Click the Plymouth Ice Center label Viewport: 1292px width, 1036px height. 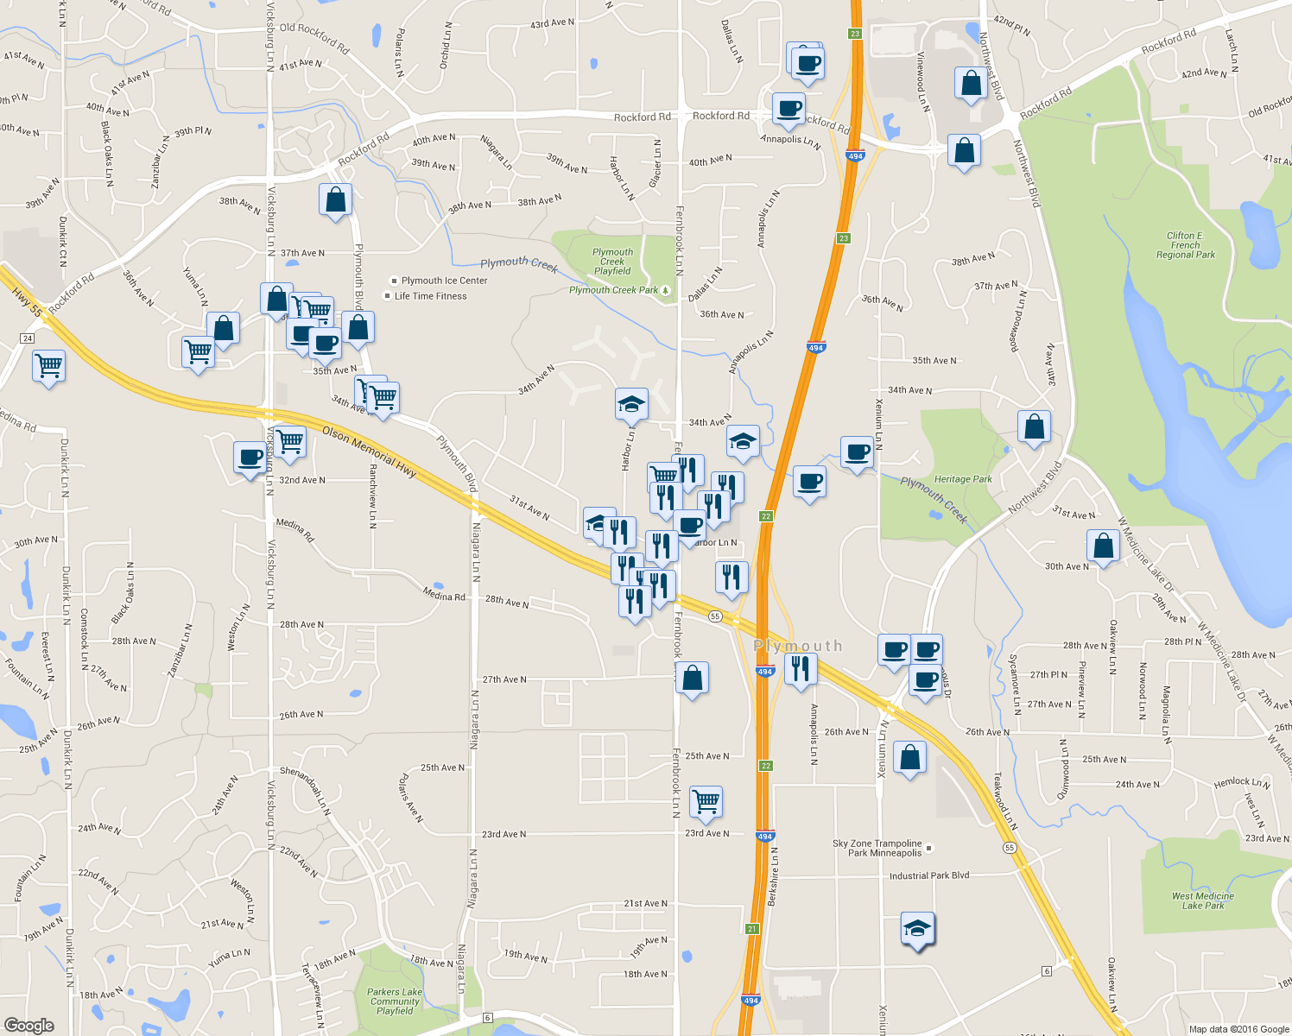tap(444, 281)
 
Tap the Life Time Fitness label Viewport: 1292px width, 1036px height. tap(430, 296)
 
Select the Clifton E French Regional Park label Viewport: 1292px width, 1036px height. tap(1185, 245)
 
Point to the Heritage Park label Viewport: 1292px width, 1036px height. tap(963, 479)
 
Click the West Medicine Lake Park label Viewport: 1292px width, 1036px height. tap(1202, 900)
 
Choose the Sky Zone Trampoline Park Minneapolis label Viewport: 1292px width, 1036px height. tap(877, 848)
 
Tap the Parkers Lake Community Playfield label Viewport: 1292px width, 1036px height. tap(395, 1001)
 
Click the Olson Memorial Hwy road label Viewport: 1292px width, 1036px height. tap(370, 451)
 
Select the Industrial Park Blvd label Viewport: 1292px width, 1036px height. tap(929, 875)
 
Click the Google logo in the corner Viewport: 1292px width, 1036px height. tap(29, 1025)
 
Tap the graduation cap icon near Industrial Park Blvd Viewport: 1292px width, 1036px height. tap(917, 929)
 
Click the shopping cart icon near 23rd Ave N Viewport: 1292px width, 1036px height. tap(706, 801)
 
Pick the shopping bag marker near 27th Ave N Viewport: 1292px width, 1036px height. tap(692, 679)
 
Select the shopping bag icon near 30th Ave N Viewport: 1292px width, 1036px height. tap(1103, 546)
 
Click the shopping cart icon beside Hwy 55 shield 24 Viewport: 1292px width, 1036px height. tap(49, 366)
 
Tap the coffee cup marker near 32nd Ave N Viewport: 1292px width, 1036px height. tap(250, 458)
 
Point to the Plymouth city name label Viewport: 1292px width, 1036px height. tap(797, 646)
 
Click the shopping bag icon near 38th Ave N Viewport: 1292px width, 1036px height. tap(335, 200)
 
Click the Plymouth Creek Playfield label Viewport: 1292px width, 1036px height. tap(612, 262)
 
